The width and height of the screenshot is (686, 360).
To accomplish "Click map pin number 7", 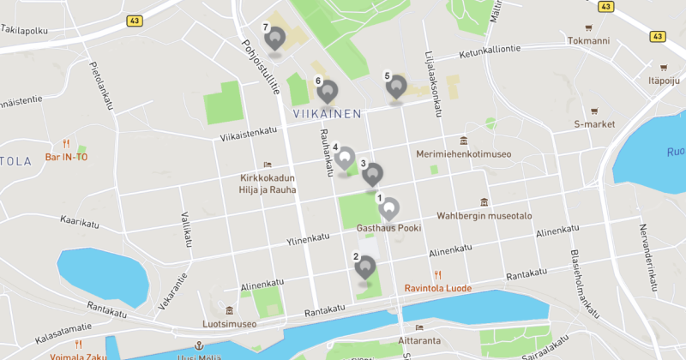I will (275, 39).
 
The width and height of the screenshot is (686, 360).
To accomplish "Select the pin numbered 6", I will (327, 91).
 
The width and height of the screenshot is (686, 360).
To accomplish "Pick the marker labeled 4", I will (345, 159).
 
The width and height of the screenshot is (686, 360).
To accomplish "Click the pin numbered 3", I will (372, 175).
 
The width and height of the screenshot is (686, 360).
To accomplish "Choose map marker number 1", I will (389, 209).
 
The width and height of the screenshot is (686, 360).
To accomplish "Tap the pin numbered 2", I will (365, 267).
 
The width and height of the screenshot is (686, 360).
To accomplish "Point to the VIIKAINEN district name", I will (327, 113).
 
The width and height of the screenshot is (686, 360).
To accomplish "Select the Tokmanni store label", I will (587, 40).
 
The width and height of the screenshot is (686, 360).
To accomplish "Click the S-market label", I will (595, 124).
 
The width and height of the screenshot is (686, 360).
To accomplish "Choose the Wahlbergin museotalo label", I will (484, 215).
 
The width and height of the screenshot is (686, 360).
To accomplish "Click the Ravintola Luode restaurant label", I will (438, 288).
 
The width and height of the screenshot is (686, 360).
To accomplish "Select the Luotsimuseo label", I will (230, 325).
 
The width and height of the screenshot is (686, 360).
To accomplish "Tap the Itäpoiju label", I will (664, 81).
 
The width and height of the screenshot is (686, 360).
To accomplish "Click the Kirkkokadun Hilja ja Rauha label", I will (267, 183).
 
